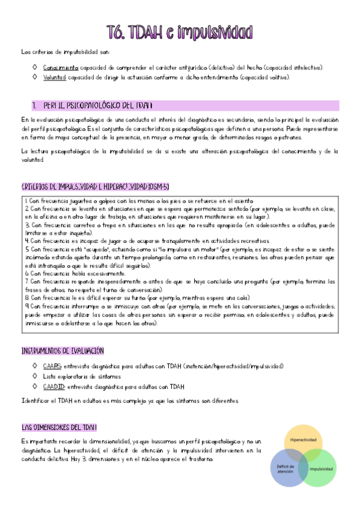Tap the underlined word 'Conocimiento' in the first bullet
[x=60, y=67]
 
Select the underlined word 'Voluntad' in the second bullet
[x=54, y=77]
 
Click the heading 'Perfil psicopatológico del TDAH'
[x=96, y=105]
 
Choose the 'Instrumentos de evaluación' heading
[x=63, y=350]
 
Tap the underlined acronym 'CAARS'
[x=52, y=366]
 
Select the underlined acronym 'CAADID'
[x=53, y=386]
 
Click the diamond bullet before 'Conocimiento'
[x=35, y=67]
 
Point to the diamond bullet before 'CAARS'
[x=35, y=366]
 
